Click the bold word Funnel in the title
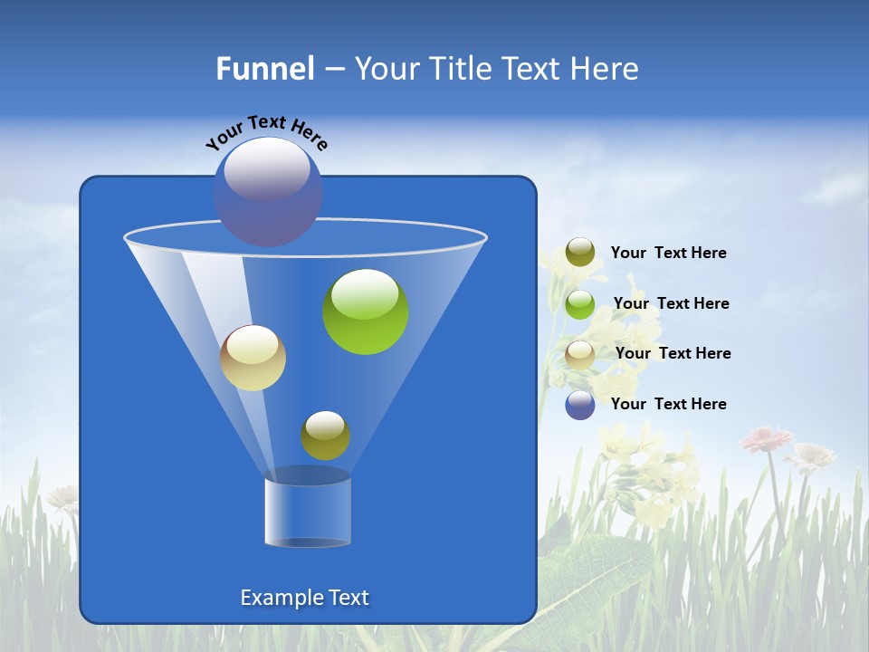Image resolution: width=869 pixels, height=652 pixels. (265, 69)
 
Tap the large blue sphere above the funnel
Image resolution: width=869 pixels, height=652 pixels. (268, 192)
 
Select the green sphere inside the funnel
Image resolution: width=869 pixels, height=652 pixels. (366, 312)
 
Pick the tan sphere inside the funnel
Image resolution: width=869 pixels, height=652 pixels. (253, 358)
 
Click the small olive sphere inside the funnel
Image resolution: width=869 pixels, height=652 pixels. (325, 436)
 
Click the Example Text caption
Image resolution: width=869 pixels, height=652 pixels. (304, 598)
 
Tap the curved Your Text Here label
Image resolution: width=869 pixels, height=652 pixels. (267, 133)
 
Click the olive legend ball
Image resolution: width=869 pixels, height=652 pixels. (580, 253)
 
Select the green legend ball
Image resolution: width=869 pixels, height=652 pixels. (580, 304)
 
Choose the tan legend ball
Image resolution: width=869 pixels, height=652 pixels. (580, 354)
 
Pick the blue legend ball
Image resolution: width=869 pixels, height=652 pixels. (580, 405)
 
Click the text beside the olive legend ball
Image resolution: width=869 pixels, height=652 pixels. (668, 253)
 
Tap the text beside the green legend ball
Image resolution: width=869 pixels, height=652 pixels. (671, 303)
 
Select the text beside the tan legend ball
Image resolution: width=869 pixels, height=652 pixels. (673, 353)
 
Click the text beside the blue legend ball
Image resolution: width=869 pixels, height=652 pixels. (668, 404)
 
